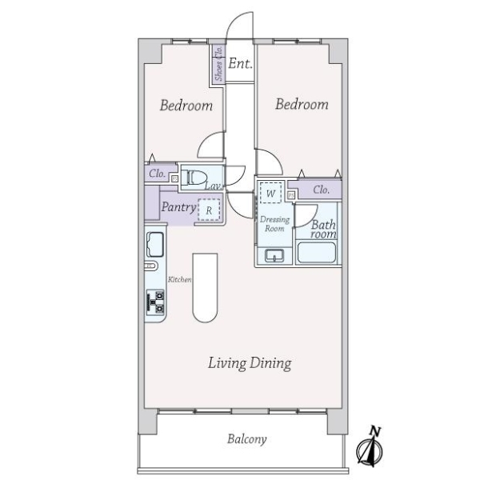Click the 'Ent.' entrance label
pyautogui.click(x=240, y=64)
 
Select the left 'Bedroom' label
pyautogui.click(x=186, y=106)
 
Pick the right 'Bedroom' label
pyautogui.click(x=302, y=105)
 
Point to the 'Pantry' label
pyautogui.click(x=178, y=207)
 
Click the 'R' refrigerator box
pyautogui.click(x=209, y=211)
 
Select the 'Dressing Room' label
pyautogui.click(x=274, y=223)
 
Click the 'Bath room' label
pyautogui.click(x=323, y=230)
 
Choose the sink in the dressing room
pyautogui.click(x=274, y=256)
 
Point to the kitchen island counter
pyautogui.click(x=205, y=288)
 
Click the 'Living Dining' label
pyautogui.click(x=250, y=364)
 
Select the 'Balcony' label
pyautogui.click(x=246, y=439)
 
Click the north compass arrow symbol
pyautogui.click(x=372, y=447)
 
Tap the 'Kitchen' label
pyautogui.click(x=179, y=279)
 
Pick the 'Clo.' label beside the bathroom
pyautogui.click(x=322, y=190)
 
